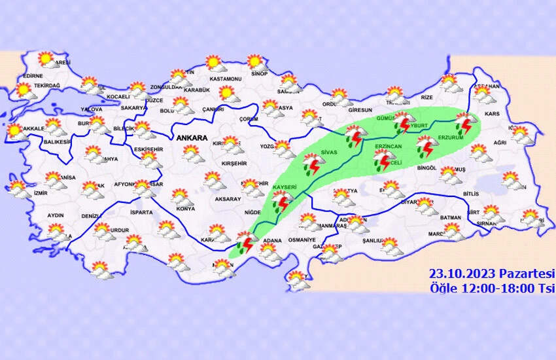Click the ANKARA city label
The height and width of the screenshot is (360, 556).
[191, 139]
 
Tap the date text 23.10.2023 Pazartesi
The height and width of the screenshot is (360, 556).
[491, 273]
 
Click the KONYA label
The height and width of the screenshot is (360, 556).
[186, 209]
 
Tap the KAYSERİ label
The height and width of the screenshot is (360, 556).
[285, 189]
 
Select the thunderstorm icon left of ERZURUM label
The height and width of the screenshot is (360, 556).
[426, 147]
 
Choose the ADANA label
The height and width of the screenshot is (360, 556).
[271, 241]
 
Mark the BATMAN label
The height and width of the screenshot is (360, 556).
[451, 217]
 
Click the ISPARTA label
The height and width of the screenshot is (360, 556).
[141, 213]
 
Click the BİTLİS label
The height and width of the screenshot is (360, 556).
[470, 194]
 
